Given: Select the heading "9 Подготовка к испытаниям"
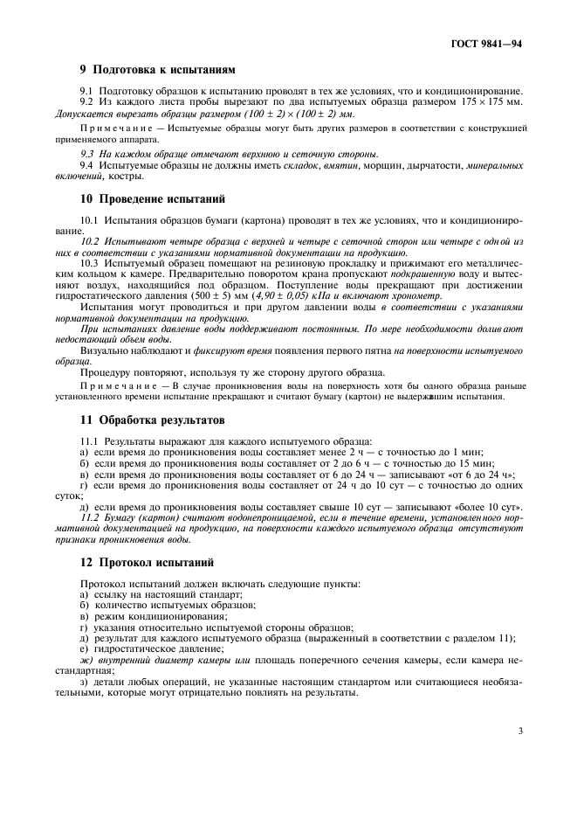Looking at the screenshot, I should pyautogui.click(x=157, y=69).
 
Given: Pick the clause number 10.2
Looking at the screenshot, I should pyautogui.click(x=90, y=239).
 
